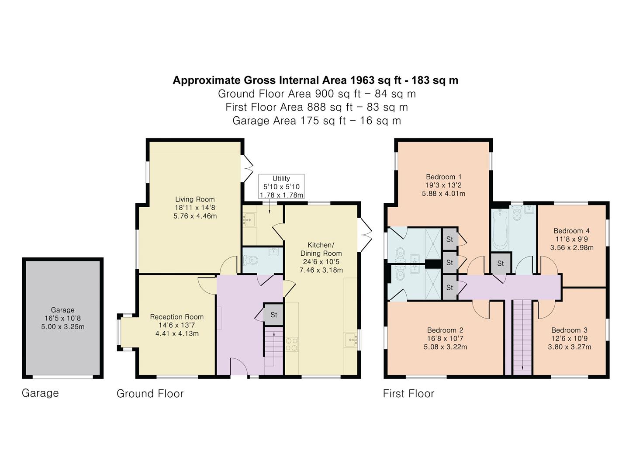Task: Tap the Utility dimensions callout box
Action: [281, 187]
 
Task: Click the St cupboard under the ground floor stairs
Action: [273, 315]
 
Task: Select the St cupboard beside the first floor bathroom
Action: [501, 263]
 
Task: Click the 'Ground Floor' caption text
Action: [150, 393]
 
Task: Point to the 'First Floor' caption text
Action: [408, 393]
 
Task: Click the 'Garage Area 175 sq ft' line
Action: [316, 121]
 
